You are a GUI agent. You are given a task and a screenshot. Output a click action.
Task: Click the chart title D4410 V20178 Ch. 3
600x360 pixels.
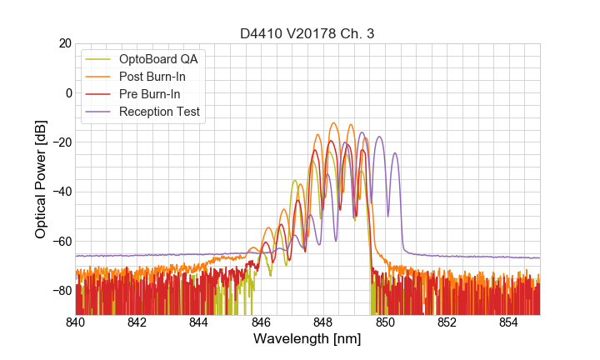click(x=307, y=33)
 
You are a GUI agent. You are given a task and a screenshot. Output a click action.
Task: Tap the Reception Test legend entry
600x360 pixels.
click(x=159, y=112)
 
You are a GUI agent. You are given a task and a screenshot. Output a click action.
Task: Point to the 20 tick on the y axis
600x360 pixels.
click(x=64, y=43)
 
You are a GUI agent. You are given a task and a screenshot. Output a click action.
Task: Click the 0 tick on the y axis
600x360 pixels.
click(x=67, y=92)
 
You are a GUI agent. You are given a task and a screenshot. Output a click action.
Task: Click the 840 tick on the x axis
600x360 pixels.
click(x=76, y=322)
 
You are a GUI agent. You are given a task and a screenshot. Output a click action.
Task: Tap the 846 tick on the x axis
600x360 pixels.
click(x=261, y=322)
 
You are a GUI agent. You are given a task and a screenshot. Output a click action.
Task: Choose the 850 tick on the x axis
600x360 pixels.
click(x=385, y=322)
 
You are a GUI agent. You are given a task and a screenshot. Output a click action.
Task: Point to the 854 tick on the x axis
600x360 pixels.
click(x=508, y=322)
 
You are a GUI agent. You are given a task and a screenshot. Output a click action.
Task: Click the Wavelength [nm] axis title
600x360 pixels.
click(x=307, y=340)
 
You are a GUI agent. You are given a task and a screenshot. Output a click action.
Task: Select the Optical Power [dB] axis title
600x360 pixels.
click(x=41, y=179)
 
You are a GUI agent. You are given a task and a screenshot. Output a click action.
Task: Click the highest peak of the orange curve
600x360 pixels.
click(x=334, y=123)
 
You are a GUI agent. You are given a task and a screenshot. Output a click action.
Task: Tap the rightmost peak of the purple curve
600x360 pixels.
click(x=395, y=153)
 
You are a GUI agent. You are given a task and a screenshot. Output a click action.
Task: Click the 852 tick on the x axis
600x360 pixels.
click(x=447, y=322)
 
